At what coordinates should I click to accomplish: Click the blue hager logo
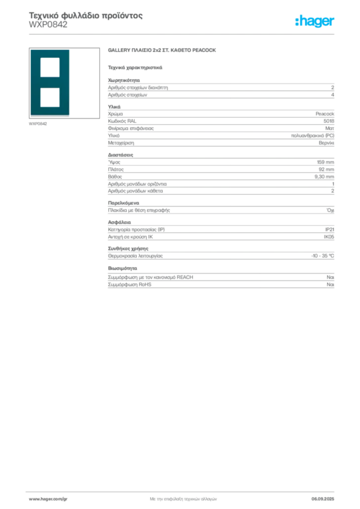[x=315, y=22]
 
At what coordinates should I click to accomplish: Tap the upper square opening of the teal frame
[x=50, y=67]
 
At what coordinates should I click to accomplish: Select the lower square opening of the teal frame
[x=50, y=97]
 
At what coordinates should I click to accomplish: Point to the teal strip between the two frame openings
[x=50, y=82]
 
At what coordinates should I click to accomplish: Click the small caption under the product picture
[x=38, y=124]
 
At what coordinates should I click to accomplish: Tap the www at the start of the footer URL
[x=33, y=499]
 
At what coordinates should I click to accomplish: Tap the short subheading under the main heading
[x=135, y=67]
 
